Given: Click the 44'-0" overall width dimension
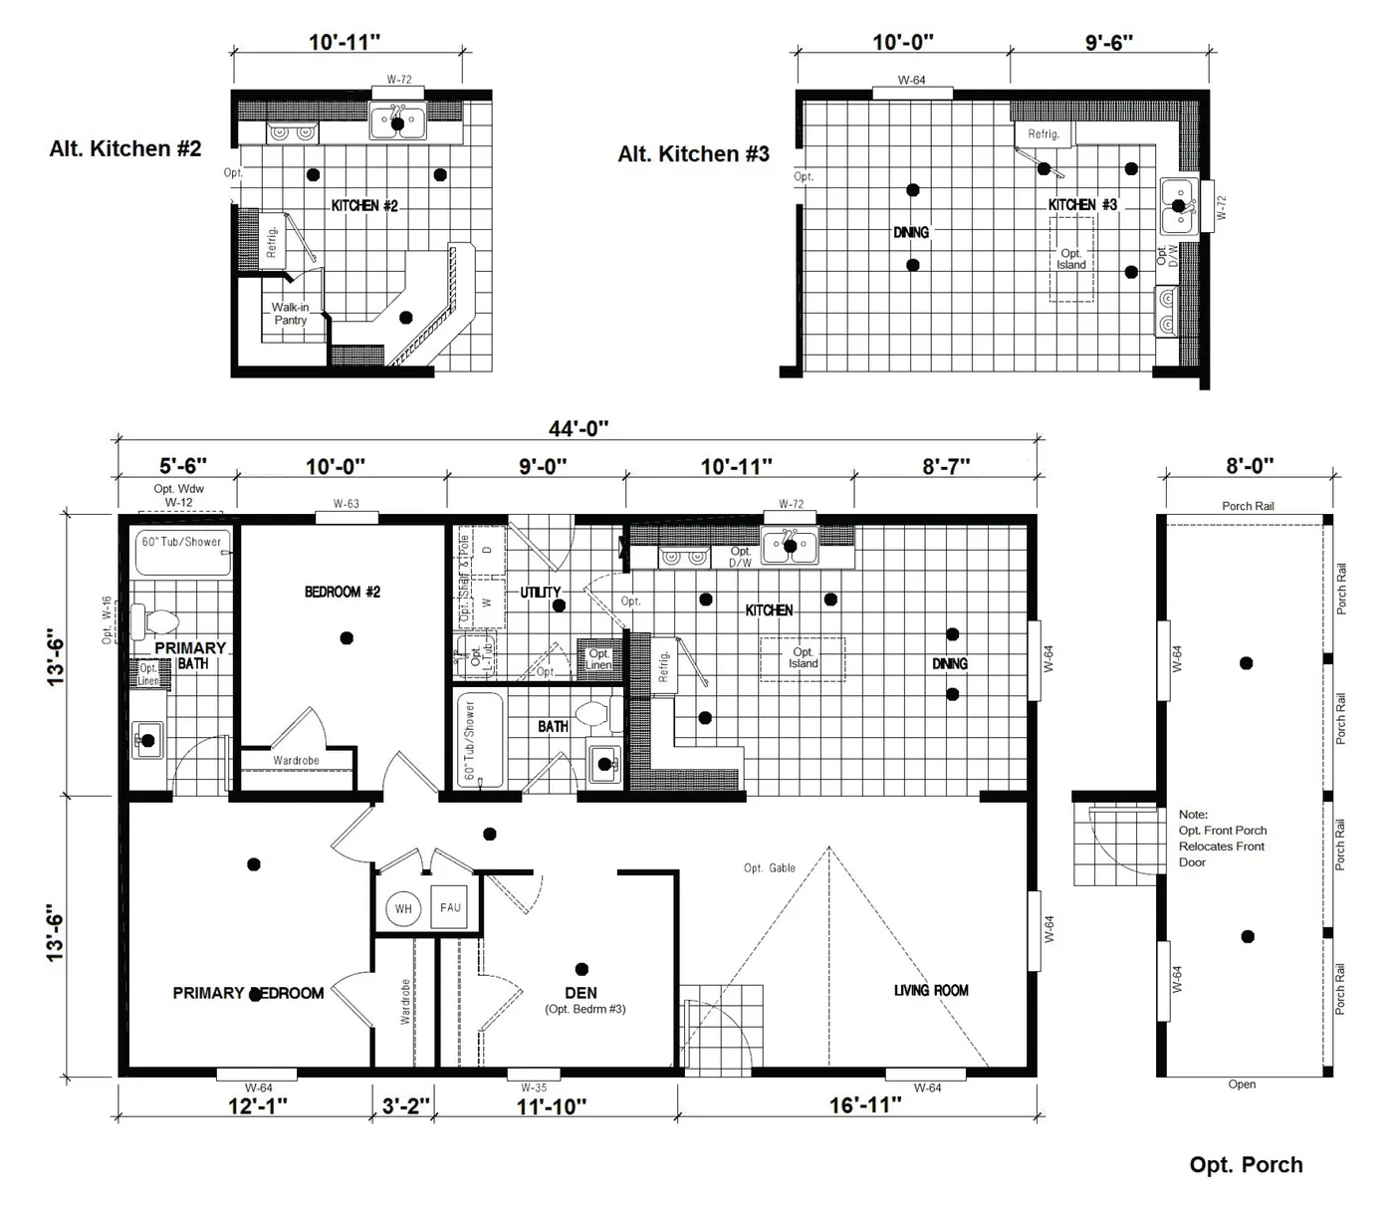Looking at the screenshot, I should pyautogui.click(x=578, y=428).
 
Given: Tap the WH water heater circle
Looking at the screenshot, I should pyautogui.click(x=403, y=909).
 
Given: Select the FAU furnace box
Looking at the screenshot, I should pyautogui.click(x=450, y=908).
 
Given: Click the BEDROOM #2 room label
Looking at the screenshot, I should pyautogui.click(x=343, y=592).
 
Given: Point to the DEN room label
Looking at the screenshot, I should pyautogui.click(x=581, y=993).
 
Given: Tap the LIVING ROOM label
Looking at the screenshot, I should pyautogui.click(x=931, y=990).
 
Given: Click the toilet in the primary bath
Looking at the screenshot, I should pyautogui.click(x=154, y=623).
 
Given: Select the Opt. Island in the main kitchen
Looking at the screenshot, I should pyautogui.click(x=803, y=658).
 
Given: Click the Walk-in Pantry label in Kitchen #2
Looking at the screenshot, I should pyautogui.click(x=291, y=314).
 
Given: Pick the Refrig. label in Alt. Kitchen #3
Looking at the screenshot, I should pyautogui.click(x=1044, y=134).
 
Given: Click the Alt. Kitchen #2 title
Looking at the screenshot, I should pyautogui.click(x=125, y=148).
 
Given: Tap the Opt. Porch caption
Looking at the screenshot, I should pyautogui.click(x=1246, y=1165).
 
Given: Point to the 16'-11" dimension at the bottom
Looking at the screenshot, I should pyautogui.click(x=865, y=1104).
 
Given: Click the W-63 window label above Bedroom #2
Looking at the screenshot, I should pyautogui.click(x=347, y=504).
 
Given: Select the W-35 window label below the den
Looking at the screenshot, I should pyautogui.click(x=534, y=1087).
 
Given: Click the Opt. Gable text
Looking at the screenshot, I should pyautogui.click(x=770, y=868).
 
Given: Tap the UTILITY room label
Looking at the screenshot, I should pyautogui.click(x=541, y=592).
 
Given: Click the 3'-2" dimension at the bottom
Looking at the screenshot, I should pyautogui.click(x=406, y=1104).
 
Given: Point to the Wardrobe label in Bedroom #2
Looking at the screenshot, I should pyautogui.click(x=296, y=761).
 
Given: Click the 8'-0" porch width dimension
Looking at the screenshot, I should pyautogui.click(x=1249, y=465).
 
